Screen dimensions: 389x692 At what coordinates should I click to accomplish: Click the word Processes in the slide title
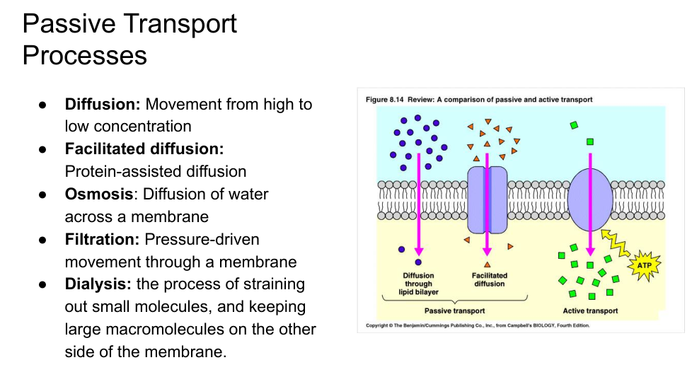click(85, 55)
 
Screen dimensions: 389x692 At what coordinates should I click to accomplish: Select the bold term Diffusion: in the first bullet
click(103, 104)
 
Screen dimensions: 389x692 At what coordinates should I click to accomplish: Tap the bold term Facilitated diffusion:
click(144, 149)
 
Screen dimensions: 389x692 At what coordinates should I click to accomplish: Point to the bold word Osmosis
click(99, 194)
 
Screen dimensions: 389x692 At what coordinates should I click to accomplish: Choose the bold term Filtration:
click(102, 239)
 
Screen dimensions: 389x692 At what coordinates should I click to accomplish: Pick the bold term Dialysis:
click(98, 284)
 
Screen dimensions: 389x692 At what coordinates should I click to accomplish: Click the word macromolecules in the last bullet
click(182, 330)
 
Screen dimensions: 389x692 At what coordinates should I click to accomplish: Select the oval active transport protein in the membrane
click(590, 199)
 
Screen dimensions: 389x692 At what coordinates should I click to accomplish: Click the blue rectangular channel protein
click(488, 200)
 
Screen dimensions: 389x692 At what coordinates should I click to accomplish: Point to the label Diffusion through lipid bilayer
click(418, 284)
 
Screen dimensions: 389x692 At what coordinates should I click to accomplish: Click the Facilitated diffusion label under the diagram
click(489, 279)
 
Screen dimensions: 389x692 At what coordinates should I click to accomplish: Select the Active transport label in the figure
click(590, 310)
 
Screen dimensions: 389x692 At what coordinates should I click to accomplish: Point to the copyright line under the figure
click(477, 326)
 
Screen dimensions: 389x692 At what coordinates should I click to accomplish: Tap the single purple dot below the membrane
click(401, 249)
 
